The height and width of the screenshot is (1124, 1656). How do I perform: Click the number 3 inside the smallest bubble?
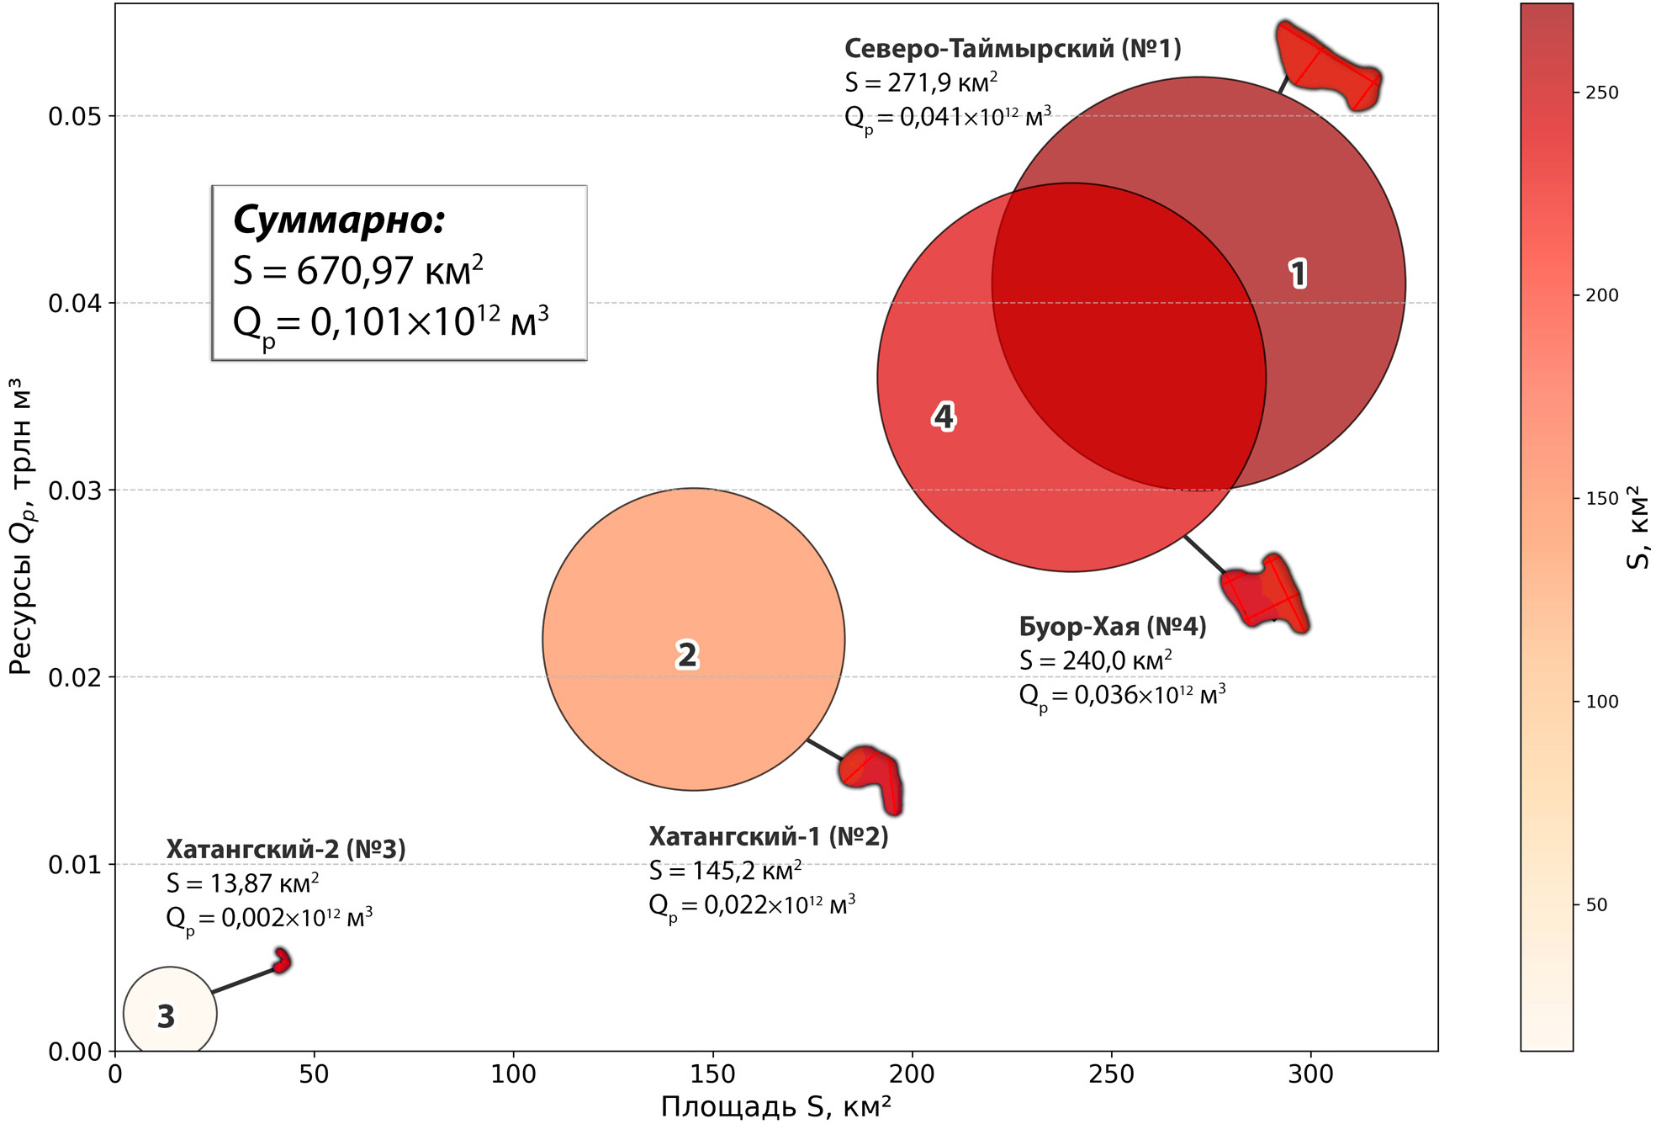167,1016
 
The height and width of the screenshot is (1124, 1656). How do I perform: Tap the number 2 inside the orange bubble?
687,655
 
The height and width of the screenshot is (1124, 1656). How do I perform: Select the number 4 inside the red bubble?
944,416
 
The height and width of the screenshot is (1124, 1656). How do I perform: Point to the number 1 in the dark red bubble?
1298,273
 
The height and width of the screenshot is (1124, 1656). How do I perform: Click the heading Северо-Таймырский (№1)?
1012,49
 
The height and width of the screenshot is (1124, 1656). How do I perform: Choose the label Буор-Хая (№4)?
1112,627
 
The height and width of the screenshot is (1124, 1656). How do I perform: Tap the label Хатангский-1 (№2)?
768,836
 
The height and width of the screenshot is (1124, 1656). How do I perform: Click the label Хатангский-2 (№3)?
285,849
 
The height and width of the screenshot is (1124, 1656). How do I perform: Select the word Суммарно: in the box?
338,220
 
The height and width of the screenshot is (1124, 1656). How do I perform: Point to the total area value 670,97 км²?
357,271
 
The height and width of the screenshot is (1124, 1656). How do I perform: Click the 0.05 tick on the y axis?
74,116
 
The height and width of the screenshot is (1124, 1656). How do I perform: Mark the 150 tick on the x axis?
712,1074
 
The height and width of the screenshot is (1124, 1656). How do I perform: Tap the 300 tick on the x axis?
1310,1074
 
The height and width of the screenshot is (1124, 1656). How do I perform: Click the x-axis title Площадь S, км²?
775,1106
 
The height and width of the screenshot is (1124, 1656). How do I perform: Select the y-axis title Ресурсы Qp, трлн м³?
20,526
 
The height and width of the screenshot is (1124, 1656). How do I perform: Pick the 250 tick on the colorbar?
1601,93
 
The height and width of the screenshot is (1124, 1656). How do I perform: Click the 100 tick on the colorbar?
1601,702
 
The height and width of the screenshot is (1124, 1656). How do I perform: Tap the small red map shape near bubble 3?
283,960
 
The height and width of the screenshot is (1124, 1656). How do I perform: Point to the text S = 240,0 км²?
1095,661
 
